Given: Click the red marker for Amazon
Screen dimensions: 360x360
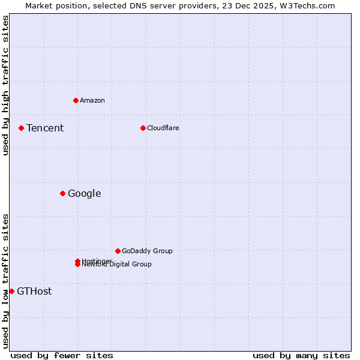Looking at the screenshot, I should [x=76, y=100].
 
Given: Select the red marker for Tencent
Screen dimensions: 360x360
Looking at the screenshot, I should [x=21, y=128].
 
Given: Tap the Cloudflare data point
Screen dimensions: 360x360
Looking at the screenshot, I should [x=143, y=128].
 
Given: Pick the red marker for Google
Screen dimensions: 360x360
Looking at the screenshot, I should [x=62, y=193].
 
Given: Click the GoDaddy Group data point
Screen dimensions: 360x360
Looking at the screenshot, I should [x=118, y=251].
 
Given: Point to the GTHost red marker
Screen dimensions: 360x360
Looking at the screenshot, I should [x=11, y=291].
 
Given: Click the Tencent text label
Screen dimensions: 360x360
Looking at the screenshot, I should [x=45, y=128].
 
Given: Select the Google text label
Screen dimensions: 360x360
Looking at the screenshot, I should [x=84, y=193].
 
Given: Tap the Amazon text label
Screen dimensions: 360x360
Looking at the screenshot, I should [x=92, y=100].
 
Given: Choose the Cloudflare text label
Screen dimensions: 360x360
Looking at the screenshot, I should [x=163, y=128].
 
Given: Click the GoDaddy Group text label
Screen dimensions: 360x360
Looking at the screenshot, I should [x=147, y=251].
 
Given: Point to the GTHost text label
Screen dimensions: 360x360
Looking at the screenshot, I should [x=34, y=292].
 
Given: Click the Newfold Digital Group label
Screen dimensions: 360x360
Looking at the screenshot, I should [x=117, y=265].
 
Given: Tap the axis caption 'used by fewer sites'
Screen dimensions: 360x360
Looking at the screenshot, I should [x=62, y=355].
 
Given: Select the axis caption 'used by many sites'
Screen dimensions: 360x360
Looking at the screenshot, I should [x=301, y=355].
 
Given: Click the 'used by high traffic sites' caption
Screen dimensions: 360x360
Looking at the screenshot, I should [x=5, y=85].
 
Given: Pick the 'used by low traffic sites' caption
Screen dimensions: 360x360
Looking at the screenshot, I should [x=5, y=280].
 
